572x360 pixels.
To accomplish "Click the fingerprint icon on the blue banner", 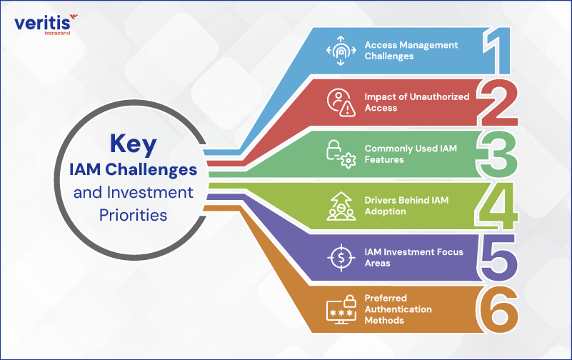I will click(x=341, y=51).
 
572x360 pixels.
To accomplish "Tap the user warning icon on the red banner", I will click(x=341, y=102).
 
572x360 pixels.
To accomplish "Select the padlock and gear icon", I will click(x=341, y=154).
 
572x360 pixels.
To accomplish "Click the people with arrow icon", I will click(x=341, y=206).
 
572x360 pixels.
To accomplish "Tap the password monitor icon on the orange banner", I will click(x=341, y=309).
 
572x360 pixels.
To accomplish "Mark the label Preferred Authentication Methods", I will click(x=398, y=309).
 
